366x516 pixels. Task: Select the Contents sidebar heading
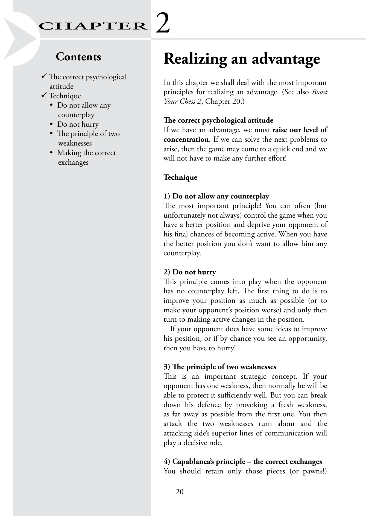point(78,57)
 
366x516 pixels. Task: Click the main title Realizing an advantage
point(242,59)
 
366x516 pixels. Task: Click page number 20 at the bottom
point(180,492)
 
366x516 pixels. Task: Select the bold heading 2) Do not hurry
point(190,272)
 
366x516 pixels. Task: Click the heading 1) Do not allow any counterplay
point(216,196)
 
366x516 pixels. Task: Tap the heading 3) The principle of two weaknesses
point(220,367)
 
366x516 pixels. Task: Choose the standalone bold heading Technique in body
point(180,177)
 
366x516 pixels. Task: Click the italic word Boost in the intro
point(320,92)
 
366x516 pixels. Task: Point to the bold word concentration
point(186,140)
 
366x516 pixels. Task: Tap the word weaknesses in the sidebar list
point(75,143)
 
